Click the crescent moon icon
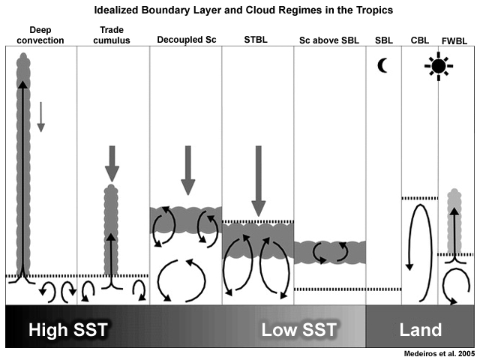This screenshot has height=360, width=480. coord(381,65)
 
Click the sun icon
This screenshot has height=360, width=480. coord(439,66)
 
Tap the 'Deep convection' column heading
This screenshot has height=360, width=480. coord(40,35)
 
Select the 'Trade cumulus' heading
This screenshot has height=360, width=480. coord(112,35)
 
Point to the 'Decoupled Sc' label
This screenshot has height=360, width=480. coord(187,40)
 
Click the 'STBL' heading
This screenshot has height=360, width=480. coord(256,40)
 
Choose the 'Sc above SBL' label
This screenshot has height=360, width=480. coord(329,40)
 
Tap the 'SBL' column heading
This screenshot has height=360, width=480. coord(384,40)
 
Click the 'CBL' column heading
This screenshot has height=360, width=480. coord(420,40)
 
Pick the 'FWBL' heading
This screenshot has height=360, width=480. coord(454,41)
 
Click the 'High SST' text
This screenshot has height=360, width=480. coord(68,330)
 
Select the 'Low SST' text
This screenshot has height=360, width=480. coord(299,330)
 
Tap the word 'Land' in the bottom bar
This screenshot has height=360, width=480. coord(421,330)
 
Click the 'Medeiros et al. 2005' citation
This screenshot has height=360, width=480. coord(439,354)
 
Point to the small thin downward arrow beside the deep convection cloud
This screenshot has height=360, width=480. coord(40,117)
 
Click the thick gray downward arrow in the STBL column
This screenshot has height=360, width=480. coord(259,181)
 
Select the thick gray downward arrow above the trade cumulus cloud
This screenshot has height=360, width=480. coord(112,164)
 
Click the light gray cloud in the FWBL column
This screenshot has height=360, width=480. coord(454,221)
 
